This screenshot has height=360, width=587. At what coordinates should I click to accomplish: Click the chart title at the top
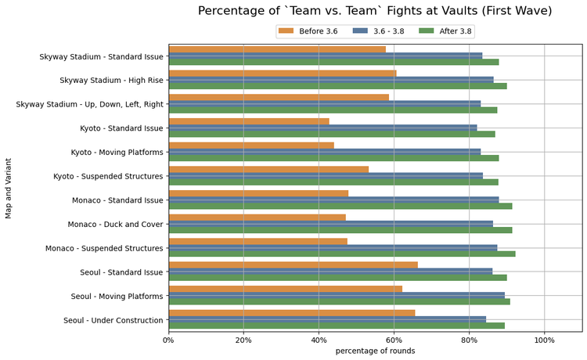[375, 11]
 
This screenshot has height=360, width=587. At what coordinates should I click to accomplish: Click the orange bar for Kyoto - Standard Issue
[249, 121]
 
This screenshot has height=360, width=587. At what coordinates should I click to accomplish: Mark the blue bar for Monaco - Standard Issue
[333, 200]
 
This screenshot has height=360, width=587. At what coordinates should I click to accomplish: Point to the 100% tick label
[545, 340]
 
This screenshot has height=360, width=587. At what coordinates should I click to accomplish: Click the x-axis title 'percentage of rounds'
[375, 351]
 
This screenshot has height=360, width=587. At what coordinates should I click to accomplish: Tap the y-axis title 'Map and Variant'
[9, 188]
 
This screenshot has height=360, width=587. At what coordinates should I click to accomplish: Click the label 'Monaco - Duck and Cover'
[115, 225]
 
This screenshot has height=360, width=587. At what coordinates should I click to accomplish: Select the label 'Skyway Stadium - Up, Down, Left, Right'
[89, 104]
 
